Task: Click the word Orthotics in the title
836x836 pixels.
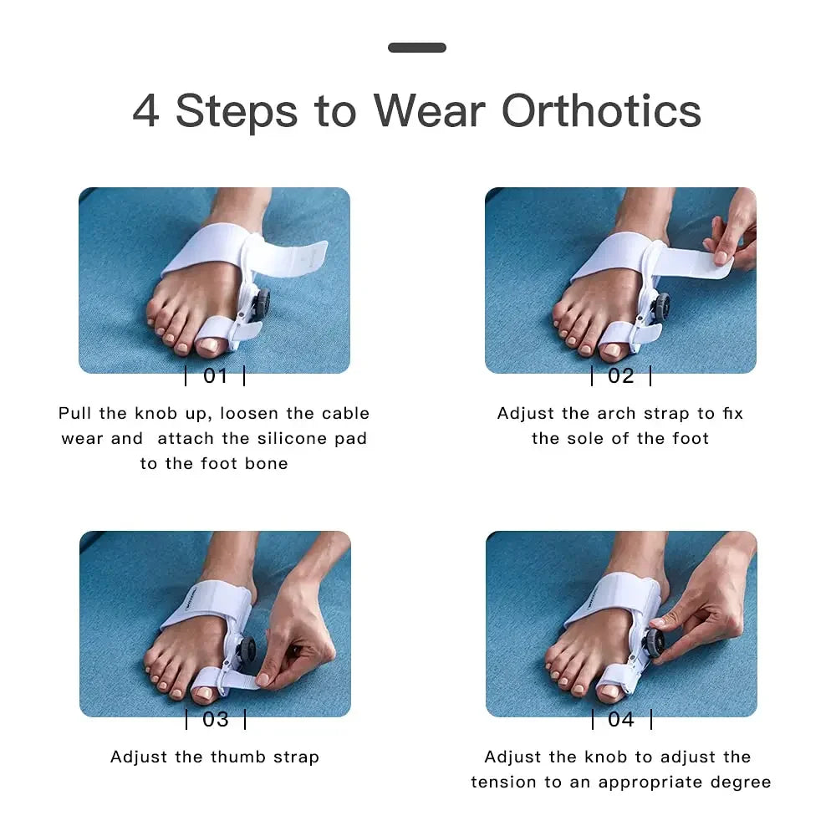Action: click(601, 111)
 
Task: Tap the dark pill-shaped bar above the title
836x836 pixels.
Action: click(417, 48)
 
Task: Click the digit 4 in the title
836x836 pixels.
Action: click(145, 111)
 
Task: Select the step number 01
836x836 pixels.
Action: click(216, 376)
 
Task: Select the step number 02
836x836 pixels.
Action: click(621, 376)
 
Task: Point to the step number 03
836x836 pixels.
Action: click(216, 719)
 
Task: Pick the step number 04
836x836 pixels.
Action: click(621, 719)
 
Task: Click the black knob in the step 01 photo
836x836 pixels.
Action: click(261, 304)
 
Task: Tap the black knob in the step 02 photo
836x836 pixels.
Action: click(661, 308)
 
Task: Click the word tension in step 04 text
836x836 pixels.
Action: click(504, 782)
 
